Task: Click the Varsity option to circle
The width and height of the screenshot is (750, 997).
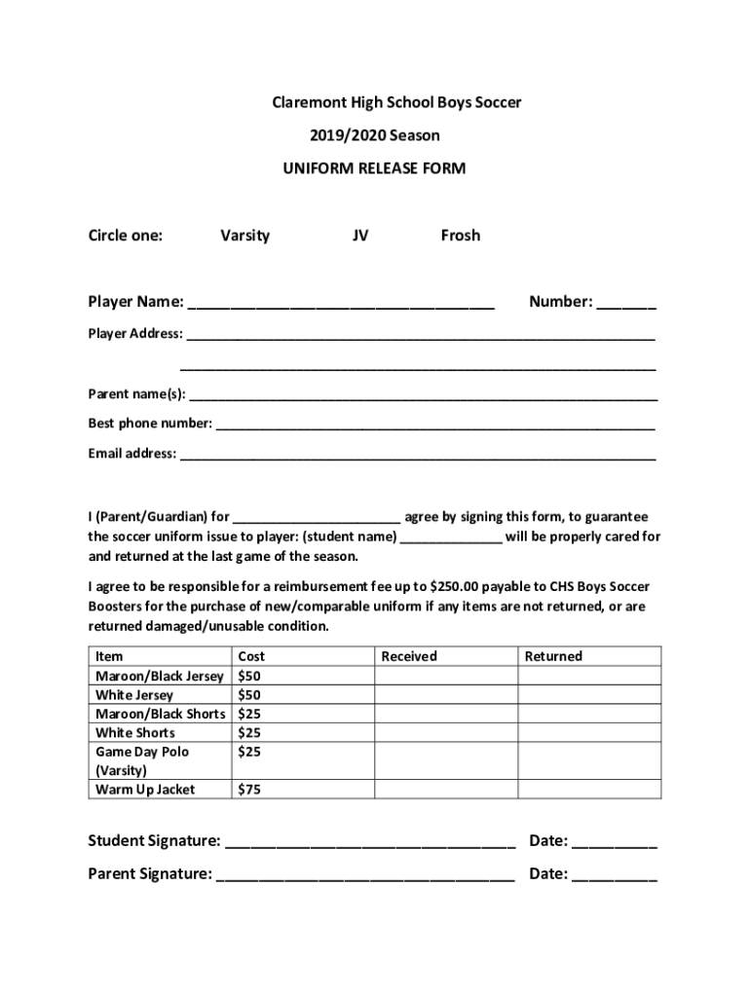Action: (x=244, y=236)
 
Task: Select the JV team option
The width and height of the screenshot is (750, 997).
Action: (x=360, y=236)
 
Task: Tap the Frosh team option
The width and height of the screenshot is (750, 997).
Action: (x=460, y=236)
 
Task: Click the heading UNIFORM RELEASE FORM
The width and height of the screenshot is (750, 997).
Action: (x=374, y=168)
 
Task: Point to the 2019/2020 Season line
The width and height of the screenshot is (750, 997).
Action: (x=374, y=135)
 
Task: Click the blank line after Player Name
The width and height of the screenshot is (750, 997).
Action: (x=341, y=304)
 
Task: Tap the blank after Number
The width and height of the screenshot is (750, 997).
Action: (x=626, y=304)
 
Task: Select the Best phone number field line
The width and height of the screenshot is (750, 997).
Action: (x=434, y=425)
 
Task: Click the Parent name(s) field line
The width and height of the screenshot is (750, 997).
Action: (x=423, y=395)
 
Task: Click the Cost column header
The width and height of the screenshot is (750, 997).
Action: (x=251, y=656)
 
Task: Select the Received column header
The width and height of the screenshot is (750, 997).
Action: (x=409, y=656)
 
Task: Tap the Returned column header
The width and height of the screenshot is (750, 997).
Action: (x=552, y=656)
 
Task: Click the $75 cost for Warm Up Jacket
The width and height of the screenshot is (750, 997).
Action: (x=249, y=790)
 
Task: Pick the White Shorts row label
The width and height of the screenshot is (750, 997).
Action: (x=135, y=733)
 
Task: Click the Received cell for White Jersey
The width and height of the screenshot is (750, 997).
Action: (x=445, y=695)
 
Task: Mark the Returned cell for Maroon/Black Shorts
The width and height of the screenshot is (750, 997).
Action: (x=588, y=714)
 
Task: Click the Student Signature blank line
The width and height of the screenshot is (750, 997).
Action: (x=370, y=842)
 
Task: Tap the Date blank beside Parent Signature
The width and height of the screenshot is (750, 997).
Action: (x=615, y=875)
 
